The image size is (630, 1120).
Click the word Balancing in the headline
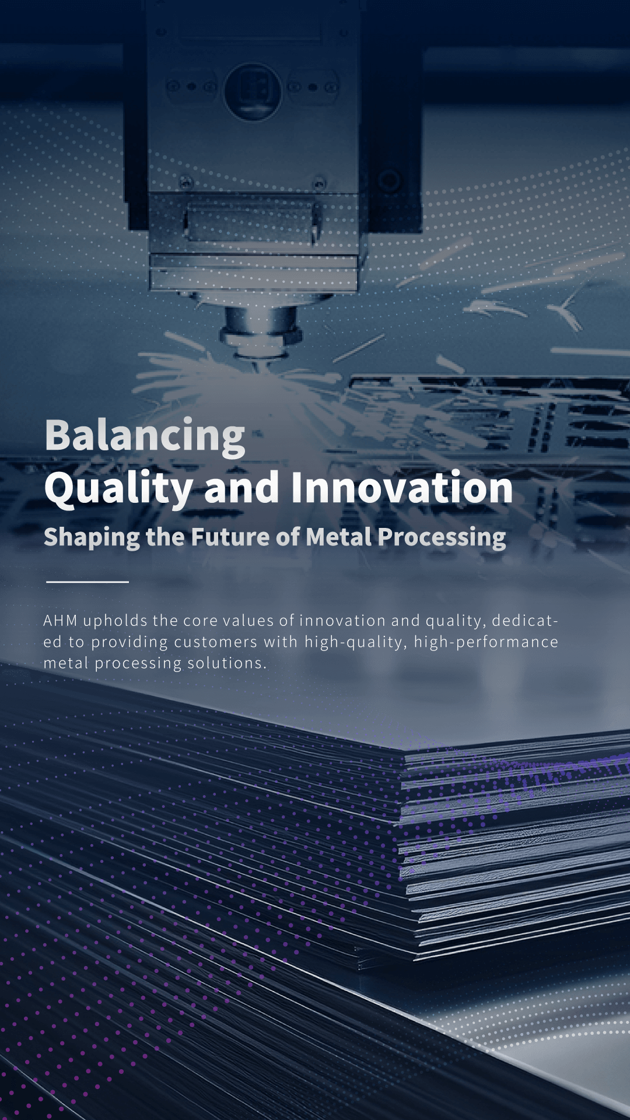click(145, 436)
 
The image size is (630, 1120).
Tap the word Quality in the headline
click(118, 489)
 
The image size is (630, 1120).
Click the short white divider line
click(87, 582)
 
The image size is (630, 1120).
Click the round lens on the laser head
click(253, 90)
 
